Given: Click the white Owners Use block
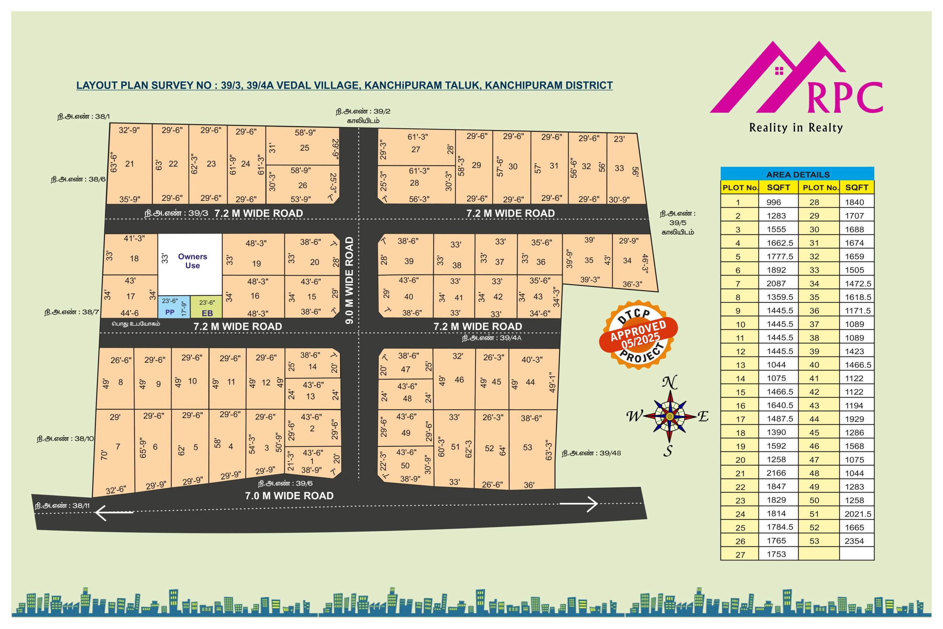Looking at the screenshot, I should tap(190, 264).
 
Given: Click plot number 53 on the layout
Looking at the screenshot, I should tap(527, 447).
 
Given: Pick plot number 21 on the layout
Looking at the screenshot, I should tap(129, 164).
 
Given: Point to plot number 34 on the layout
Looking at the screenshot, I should tap(627, 261).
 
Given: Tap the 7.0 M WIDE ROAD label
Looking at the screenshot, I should tap(289, 496).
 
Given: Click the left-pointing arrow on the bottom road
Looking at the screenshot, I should tap(114, 512).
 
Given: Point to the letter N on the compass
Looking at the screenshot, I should tap(669, 383).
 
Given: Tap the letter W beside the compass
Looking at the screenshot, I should tap(634, 417).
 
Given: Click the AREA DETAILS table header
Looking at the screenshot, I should tap(797, 174).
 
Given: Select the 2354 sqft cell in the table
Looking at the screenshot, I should tap(854, 541).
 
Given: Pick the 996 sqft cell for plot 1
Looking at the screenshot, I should tap(774, 202).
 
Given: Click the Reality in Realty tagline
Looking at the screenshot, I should tap(796, 128).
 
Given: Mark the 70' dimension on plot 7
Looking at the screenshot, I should tap(104, 455).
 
